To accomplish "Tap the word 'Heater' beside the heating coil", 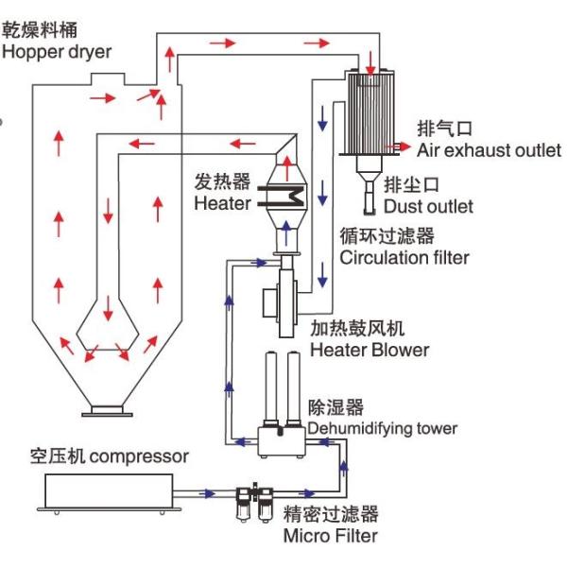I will point(223,203).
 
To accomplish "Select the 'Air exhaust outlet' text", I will point(489,150).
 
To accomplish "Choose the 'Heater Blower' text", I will point(369,350).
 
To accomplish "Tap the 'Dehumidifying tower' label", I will point(383,428).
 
